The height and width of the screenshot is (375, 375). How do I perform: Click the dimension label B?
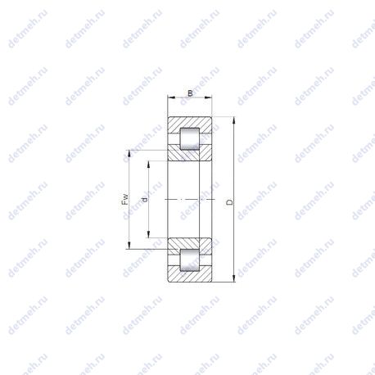pyautogui.click(x=190, y=93)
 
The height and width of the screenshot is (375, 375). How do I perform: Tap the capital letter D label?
pyautogui.click(x=230, y=202)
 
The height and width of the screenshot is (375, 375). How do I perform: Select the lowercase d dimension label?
pyautogui.click(x=145, y=200)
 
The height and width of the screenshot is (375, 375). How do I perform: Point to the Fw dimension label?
pyautogui.click(x=125, y=200)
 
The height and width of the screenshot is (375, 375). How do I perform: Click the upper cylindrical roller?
pyautogui.click(x=190, y=138)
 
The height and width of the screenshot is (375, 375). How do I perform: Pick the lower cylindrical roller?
pyautogui.click(x=190, y=260)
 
